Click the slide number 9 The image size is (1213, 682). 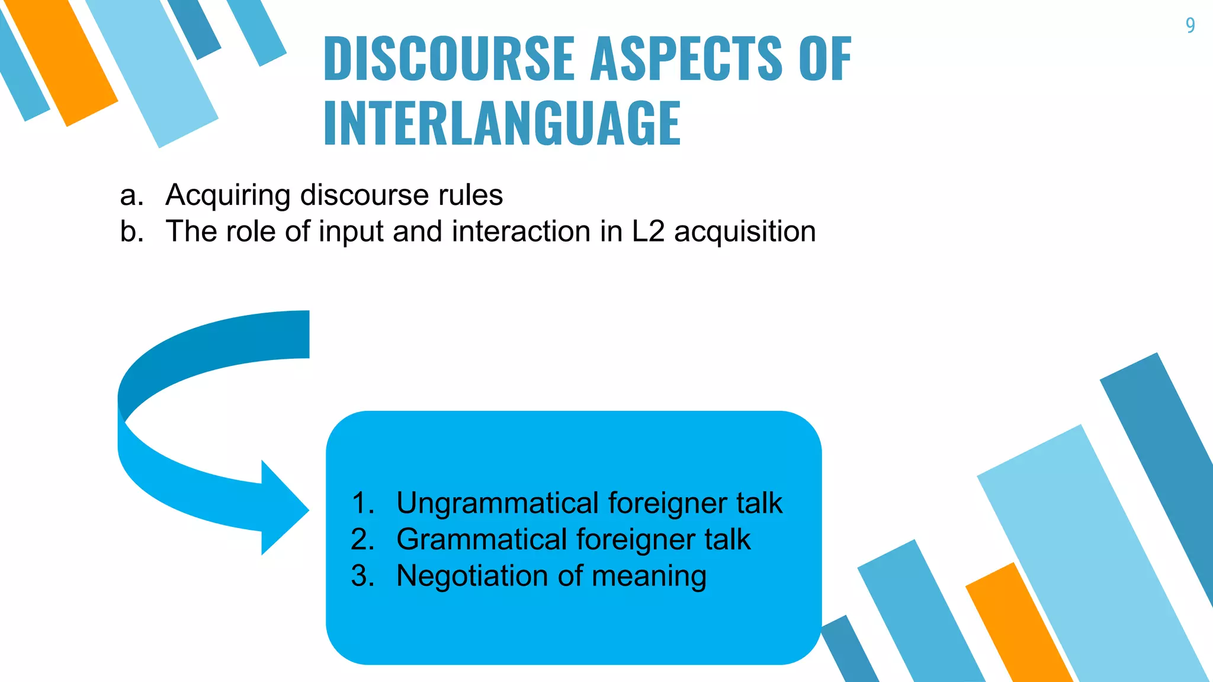point(1190,25)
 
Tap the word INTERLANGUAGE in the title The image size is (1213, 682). point(502,123)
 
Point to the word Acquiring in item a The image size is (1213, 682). point(228,195)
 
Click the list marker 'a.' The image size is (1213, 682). point(131,195)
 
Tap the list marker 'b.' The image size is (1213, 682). point(131,231)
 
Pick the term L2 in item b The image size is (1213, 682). point(648,231)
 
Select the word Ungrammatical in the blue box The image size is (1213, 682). point(498,504)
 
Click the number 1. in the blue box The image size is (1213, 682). point(362,503)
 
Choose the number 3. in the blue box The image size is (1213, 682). point(362,575)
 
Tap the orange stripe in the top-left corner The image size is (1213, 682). point(62,62)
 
